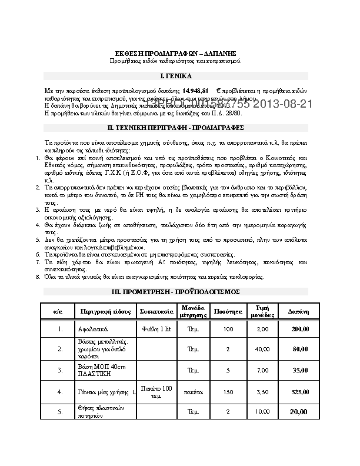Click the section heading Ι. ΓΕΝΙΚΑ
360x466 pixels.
point(176,76)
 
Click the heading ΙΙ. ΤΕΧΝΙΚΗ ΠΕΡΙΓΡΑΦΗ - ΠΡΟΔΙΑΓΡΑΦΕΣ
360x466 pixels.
point(176,127)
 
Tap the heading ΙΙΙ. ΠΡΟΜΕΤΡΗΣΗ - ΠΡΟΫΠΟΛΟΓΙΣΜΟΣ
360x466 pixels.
point(176,292)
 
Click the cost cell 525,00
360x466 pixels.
point(299,391)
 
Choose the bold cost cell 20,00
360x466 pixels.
point(299,411)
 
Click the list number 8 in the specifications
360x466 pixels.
point(38,277)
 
